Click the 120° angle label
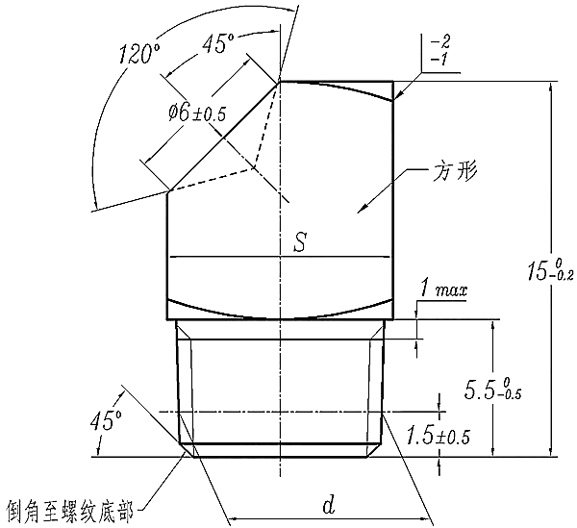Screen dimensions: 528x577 tap(137, 54)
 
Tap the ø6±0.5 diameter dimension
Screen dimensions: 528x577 tap(195, 112)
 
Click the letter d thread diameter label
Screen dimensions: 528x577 tap(327, 504)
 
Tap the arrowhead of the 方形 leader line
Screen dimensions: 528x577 tap(364, 208)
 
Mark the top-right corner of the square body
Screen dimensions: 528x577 tap(392, 82)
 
